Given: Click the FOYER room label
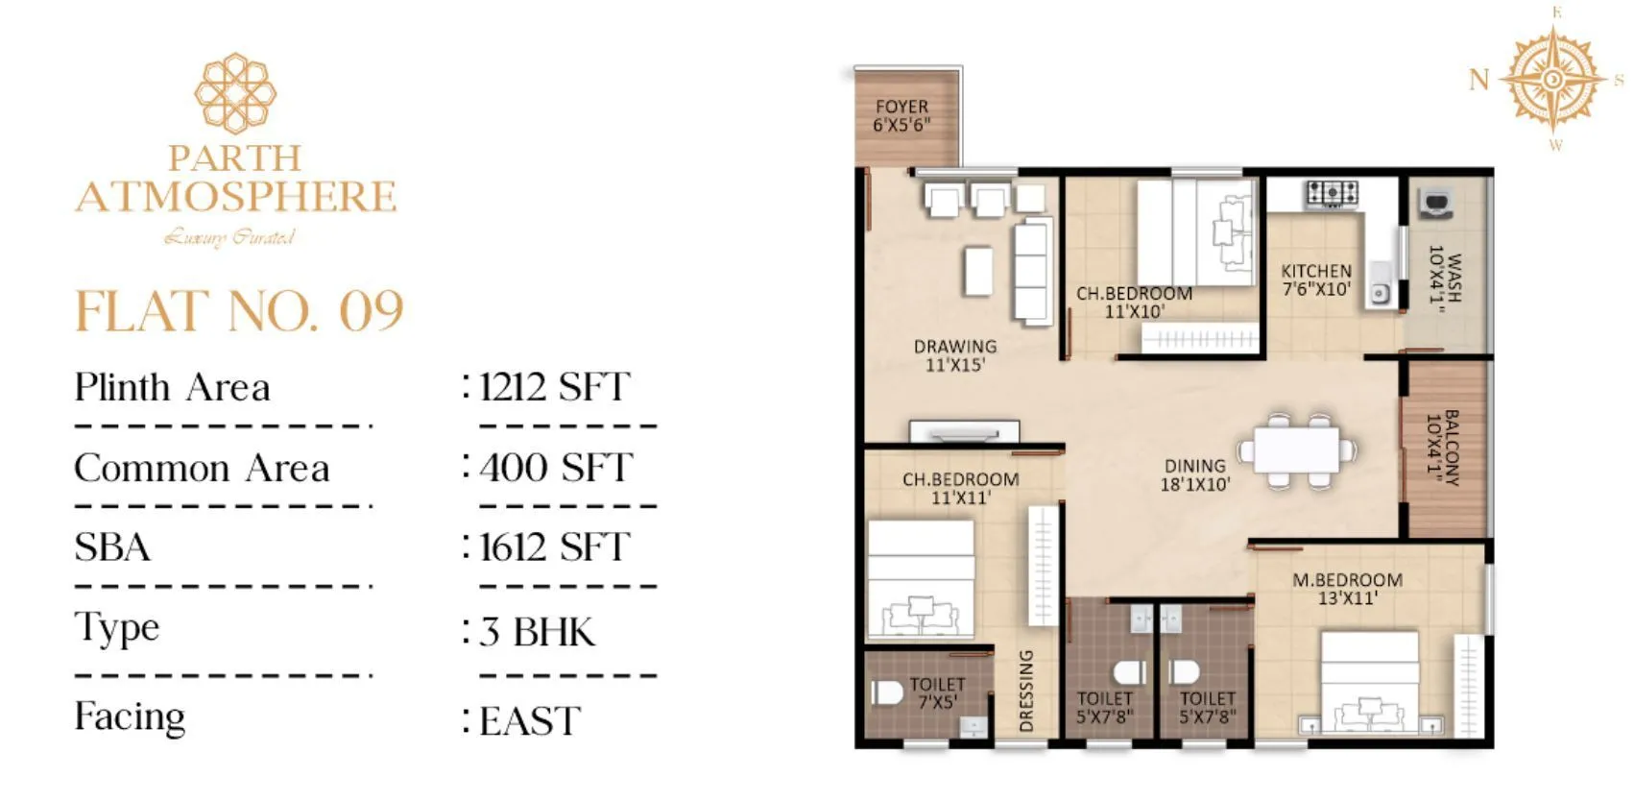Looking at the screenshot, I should pos(901,115).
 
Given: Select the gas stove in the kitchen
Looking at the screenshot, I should pos(1332,193).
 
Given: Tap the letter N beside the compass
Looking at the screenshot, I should pos(1479,80).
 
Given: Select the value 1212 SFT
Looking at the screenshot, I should pos(554,387).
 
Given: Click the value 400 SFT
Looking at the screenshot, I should pos(556,468).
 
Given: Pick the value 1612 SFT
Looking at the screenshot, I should pos(554,547).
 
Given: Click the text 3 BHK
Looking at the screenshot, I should pos(538,632).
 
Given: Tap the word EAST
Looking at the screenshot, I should pos(530,721).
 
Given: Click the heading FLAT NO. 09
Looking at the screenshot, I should pos(239,311).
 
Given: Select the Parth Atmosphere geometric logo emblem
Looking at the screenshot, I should pos(235,92).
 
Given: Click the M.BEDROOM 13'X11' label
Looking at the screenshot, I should pos(1347,589).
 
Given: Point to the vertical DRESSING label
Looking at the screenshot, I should pos(1026,690).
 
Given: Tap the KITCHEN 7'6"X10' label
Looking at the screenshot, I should pos(1316,279).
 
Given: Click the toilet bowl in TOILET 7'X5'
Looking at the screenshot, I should pos(884,692).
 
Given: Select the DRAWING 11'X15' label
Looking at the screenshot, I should pos(954,355).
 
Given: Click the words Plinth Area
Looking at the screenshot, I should pos(173,388).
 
